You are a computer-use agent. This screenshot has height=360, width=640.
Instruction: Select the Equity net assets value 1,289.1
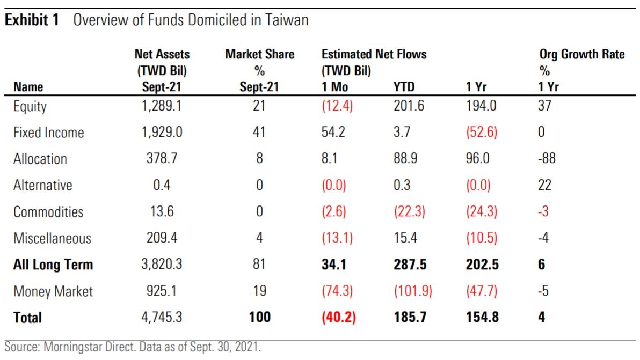tap(162, 106)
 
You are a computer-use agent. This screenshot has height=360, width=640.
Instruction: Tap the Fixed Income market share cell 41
tap(259, 133)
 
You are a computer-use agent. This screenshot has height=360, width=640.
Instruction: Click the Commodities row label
tap(48, 212)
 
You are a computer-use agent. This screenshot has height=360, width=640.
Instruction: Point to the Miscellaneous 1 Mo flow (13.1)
tap(337, 238)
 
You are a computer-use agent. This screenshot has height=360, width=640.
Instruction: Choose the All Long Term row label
tap(53, 265)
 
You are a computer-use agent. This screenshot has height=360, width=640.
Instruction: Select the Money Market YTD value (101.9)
tap(412, 291)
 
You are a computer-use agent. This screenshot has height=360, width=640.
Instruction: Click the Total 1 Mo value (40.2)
tap(339, 318)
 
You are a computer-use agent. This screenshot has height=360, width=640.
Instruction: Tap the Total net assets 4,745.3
tap(162, 318)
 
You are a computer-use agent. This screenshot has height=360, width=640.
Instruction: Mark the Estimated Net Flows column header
tap(374, 54)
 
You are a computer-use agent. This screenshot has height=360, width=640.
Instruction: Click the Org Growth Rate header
tap(582, 54)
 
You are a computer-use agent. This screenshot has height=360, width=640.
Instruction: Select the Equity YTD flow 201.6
tap(409, 106)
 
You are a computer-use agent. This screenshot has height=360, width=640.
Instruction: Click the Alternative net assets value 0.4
tap(162, 185)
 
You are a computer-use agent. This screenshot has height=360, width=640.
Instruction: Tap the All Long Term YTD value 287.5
tap(410, 265)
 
